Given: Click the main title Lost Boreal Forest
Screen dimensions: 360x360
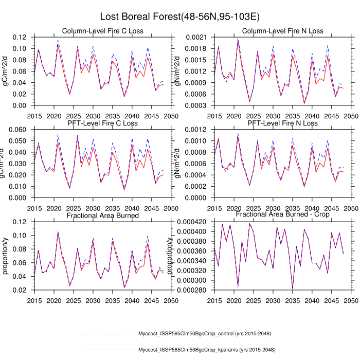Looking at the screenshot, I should (x=179, y=16).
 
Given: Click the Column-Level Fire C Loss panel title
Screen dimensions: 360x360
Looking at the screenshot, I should (x=102, y=31).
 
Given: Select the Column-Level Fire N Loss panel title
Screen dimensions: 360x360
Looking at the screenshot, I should (x=282, y=31).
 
